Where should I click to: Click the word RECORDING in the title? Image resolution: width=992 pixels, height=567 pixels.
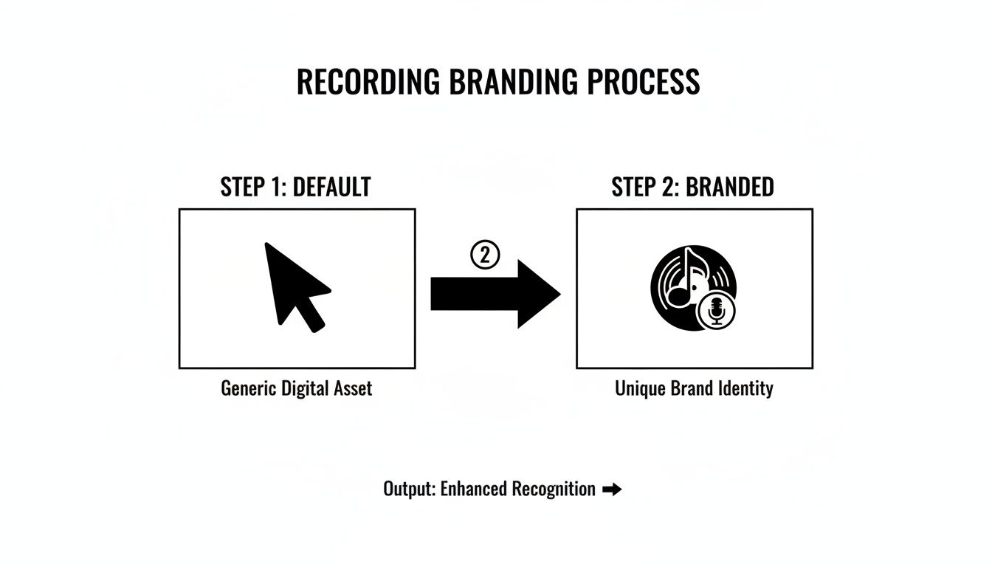click(368, 81)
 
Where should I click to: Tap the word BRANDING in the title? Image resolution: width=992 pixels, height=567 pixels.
click(513, 81)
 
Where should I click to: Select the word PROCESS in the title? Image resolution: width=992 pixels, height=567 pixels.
click(644, 81)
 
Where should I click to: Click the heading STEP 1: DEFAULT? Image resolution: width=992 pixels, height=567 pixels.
click(295, 187)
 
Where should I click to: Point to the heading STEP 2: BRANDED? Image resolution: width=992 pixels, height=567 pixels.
click(692, 187)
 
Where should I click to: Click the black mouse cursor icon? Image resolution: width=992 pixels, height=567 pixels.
click(297, 287)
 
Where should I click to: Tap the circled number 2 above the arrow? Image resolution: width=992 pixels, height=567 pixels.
click(485, 255)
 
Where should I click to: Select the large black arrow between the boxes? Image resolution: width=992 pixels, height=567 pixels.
click(495, 294)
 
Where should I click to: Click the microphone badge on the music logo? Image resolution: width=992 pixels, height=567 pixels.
click(716, 312)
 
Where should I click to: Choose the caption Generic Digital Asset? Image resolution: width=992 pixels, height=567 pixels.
click(296, 388)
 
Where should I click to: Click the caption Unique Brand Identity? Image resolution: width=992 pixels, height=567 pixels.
click(694, 388)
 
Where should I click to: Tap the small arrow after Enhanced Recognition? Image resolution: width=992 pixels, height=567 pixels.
click(612, 489)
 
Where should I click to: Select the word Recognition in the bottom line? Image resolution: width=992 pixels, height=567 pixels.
click(554, 489)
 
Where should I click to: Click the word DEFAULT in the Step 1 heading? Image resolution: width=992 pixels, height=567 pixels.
click(331, 187)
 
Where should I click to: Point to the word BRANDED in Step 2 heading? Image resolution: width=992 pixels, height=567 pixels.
click(730, 187)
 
